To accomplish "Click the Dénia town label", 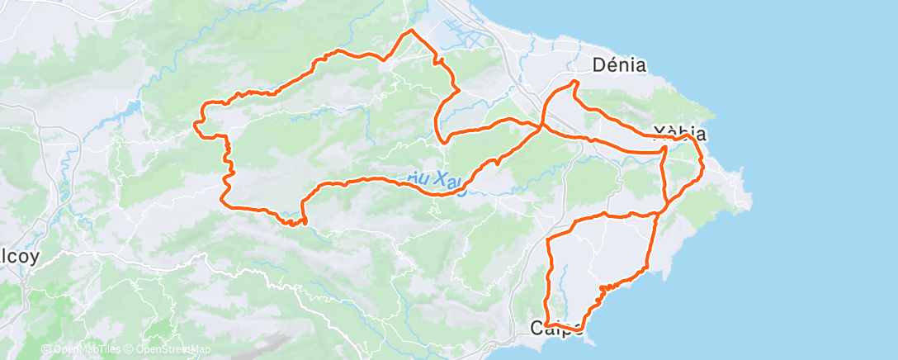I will (619, 64).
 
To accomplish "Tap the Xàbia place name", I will (678, 132).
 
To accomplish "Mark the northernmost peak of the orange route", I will (410, 31).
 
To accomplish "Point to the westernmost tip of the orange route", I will (195, 124).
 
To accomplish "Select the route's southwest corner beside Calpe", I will (546, 325).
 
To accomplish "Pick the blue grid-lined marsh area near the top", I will (462, 37).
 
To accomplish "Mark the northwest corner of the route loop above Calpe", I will (550, 239).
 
